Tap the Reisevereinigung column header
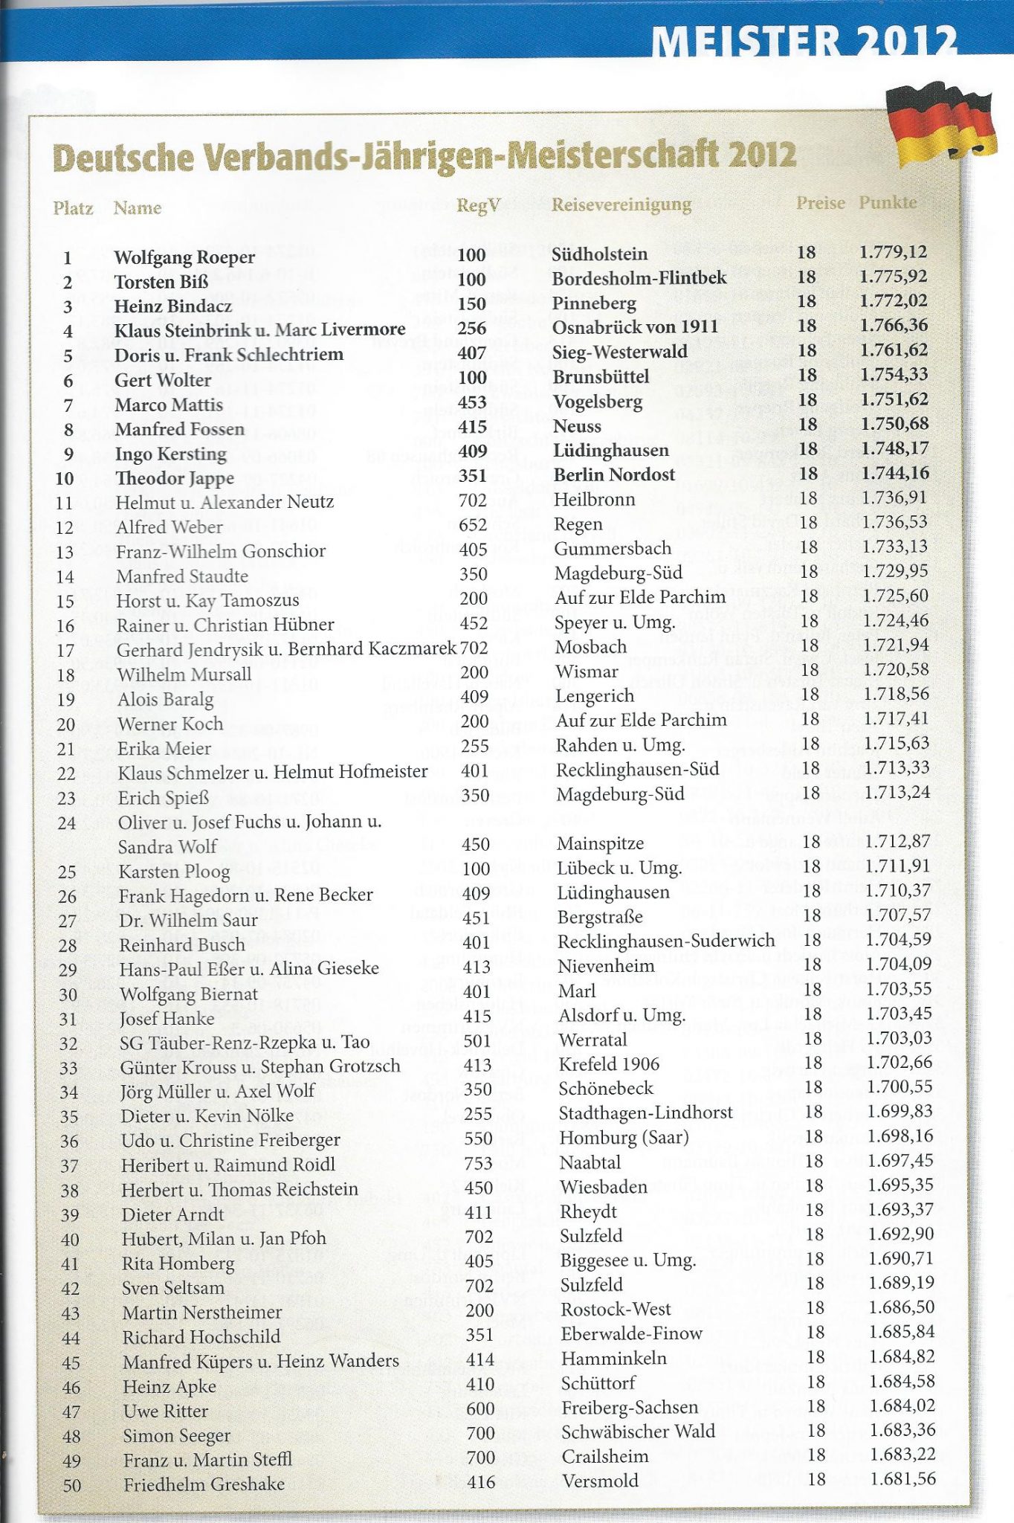621,205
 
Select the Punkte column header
888,202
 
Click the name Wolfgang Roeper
184,257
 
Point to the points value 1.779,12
893,252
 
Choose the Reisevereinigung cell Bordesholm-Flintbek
639,278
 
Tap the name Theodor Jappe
175,477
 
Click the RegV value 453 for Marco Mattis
473,402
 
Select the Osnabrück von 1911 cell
635,327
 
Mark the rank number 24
67,823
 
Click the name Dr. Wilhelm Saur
188,920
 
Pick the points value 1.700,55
900,1086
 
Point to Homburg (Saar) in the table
624,1137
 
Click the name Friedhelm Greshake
204,1484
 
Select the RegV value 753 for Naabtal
479,1162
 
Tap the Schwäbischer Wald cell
638,1431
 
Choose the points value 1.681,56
902,1478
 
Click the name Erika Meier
164,748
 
